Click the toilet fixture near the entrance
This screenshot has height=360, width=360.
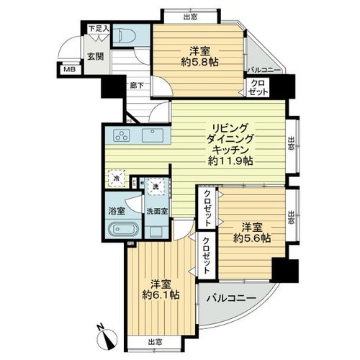pyautogui.click(x=126, y=35)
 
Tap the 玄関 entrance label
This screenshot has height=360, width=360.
pyautogui.click(x=95, y=57)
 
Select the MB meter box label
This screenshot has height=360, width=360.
pyautogui.click(x=70, y=70)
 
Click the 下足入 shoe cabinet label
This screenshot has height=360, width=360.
pyautogui.click(x=99, y=29)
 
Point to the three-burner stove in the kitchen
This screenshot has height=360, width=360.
pyautogui.click(x=122, y=135)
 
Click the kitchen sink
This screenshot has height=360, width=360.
pyautogui.click(x=153, y=135)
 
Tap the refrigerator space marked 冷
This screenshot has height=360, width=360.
pyautogui.click(x=117, y=178)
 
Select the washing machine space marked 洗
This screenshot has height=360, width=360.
pyautogui.click(x=156, y=186)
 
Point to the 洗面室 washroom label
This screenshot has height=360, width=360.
pyautogui.click(x=157, y=211)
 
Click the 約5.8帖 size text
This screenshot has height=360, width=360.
pyautogui.click(x=199, y=63)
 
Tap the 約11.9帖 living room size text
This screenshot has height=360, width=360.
pyautogui.click(x=230, y=161)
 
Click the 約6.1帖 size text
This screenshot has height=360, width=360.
pyautogui.click(x=161, y=295)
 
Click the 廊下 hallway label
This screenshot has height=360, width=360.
pyautogui.click(x=137, y=85)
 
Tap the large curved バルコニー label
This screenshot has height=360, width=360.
pyautogui.click(x=232, y=298)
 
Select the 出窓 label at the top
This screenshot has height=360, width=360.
pyautogui.click(x=191, y=17)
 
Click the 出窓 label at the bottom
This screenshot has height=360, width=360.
pyautogui.click(x=155, y=341)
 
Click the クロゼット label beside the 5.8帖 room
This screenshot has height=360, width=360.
pyautogui.click(x=258, y=87)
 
